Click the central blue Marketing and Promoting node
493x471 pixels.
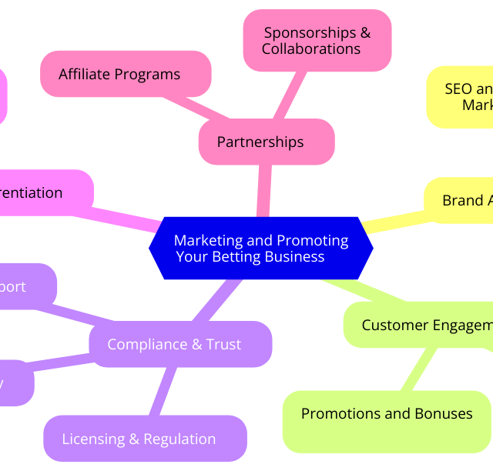click(260, 249)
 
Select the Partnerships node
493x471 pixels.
click(266, 142)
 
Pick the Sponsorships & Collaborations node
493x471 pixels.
click(317, 41)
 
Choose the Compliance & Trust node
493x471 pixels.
click(180, 344)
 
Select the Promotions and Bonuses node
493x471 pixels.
click(387, 420)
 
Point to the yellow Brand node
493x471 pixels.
click(462, 200)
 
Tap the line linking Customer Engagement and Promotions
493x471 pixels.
click(419, 369)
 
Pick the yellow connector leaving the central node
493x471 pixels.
click(393, 222)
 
